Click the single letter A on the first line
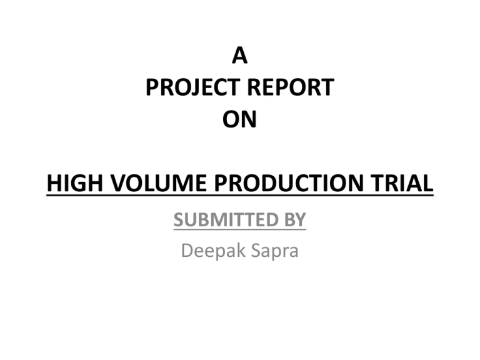click(x=240, y=56)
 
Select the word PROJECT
click(x=192, y=87)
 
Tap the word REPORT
click(x=290, y=87)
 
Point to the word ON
click(x=239, y=119)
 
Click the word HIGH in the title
click(x=75, y=182)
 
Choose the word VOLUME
click(x=158, y=182)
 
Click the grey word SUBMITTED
click(x=226, y=219)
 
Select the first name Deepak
click(x=213, y=251)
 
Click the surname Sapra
click(x=274, y=251)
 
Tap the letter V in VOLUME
click(x=118, y=182)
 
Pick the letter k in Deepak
click(x=241, y=250)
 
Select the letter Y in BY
click(x=301, y=219)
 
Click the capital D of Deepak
click(x=188, y=251)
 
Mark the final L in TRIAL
click(x=427, y=182)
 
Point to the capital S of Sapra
click(x=256, y=251)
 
